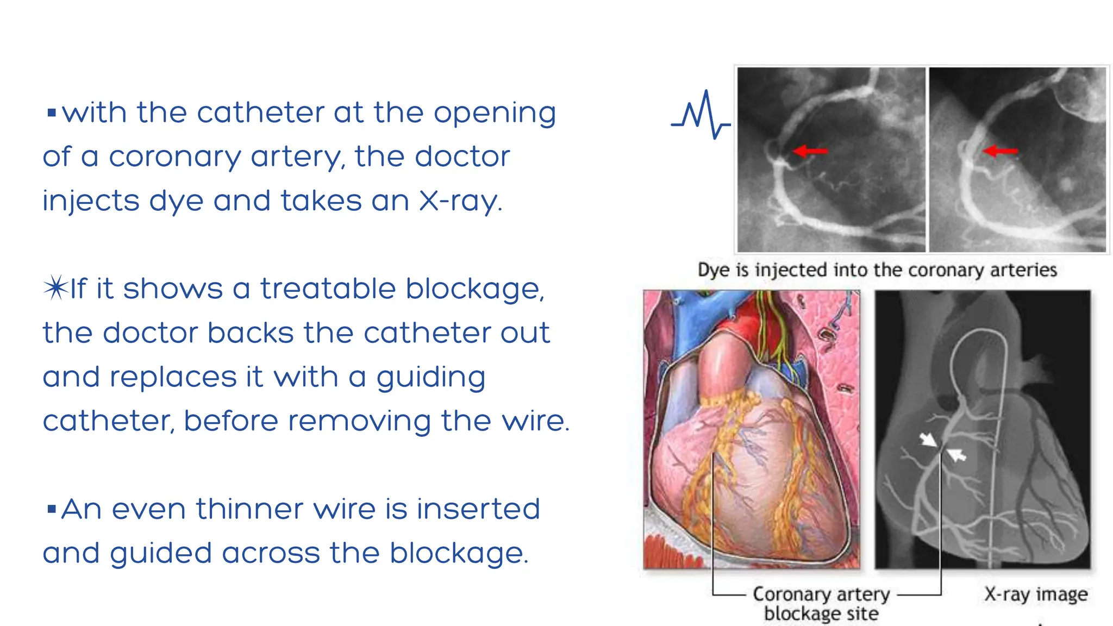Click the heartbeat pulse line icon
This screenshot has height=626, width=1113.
coord(701,115)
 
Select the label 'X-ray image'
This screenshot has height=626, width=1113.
coord(1036,594)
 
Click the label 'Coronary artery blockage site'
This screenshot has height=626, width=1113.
coord(821,603)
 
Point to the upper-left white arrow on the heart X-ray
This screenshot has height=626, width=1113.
coord(928,439)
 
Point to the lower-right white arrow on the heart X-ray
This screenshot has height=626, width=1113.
coord(956,454)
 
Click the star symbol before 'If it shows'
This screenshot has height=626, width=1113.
coord(55,288)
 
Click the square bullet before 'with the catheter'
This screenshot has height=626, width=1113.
coord(52,113)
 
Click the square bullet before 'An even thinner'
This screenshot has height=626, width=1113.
coord(52,509)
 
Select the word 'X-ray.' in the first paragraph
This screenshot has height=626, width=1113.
coord(460,201)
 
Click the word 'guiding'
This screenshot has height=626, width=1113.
coord(430,377)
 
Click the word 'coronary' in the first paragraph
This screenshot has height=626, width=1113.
coord(174,157)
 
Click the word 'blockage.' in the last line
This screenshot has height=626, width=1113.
coord(458,553)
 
